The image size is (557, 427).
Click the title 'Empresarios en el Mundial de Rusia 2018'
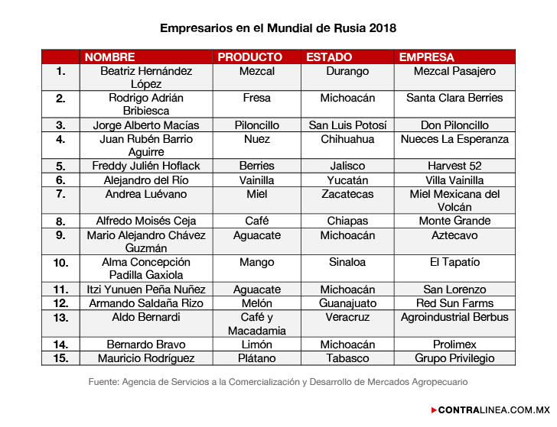(x=278, y=28)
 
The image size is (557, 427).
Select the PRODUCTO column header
(x=249, y=57)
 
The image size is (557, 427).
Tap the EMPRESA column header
(x=426, y=57)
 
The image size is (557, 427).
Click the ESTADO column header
(x=329, y=57)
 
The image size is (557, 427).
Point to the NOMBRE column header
(x=109, y=57)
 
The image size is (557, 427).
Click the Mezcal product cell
(x=257, y=71)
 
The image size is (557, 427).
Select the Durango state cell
(x=347, y=71)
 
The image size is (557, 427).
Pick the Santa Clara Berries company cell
(x=454, y=98)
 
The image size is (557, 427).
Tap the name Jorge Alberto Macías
(x=145, y=125)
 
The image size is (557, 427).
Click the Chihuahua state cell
(x=347, y=139)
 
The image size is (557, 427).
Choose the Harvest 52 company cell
(x=454, y=166)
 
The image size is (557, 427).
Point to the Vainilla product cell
(x=257, y=180)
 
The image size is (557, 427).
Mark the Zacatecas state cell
(x=347, y=194)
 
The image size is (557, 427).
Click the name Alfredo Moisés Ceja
(x=145, y=221)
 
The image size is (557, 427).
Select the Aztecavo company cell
(x=454, y=235)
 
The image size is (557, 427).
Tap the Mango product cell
(x=257, y=262)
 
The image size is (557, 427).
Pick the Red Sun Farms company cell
(x=454, y=303)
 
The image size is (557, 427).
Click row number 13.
(x=60, y=317)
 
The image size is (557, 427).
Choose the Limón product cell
(x=257, y=345)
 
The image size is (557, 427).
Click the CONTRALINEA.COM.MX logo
(x=491, y=410)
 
